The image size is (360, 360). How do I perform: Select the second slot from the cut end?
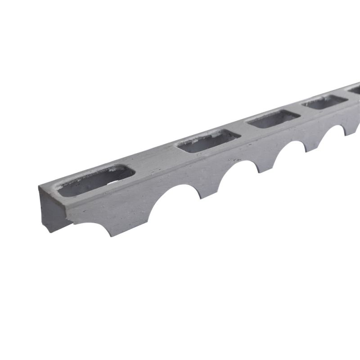207,140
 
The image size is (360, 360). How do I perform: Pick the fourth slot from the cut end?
324,101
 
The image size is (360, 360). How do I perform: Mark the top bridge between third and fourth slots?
300,110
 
